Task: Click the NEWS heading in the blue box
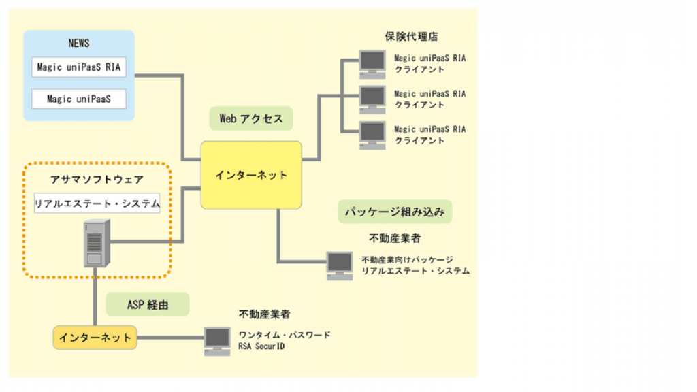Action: pos(79,44)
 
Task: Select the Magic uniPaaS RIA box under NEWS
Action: pos(79,67)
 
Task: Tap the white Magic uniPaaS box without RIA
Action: pos(79,99)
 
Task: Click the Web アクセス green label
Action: pos(251,118)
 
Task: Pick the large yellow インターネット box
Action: pos(251,175)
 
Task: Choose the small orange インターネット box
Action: pos(95,338)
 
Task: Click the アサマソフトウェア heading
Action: pos(97,180)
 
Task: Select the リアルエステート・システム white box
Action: pos(97,203)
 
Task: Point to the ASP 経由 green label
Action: pos(148,304)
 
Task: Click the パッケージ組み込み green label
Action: pos(395,212)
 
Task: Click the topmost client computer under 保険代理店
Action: pos(372,63)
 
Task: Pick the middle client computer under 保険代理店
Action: pos(372,99)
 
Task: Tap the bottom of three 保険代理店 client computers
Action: pos(372,134)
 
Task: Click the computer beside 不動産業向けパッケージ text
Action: pos(340,265)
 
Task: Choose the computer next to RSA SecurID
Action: pos(218,341)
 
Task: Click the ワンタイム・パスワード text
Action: pos(285,335)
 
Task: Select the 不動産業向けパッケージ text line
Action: pos(407,259)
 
